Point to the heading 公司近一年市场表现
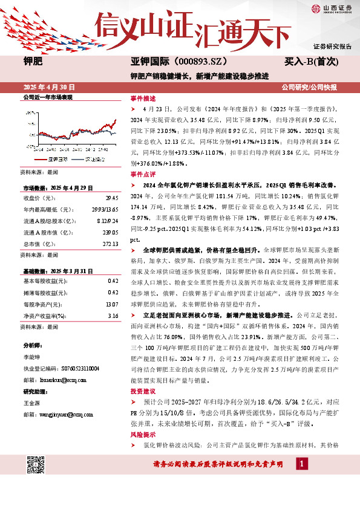48,97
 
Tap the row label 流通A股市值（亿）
45,233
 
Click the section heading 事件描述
143,98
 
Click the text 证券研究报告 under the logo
332,46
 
